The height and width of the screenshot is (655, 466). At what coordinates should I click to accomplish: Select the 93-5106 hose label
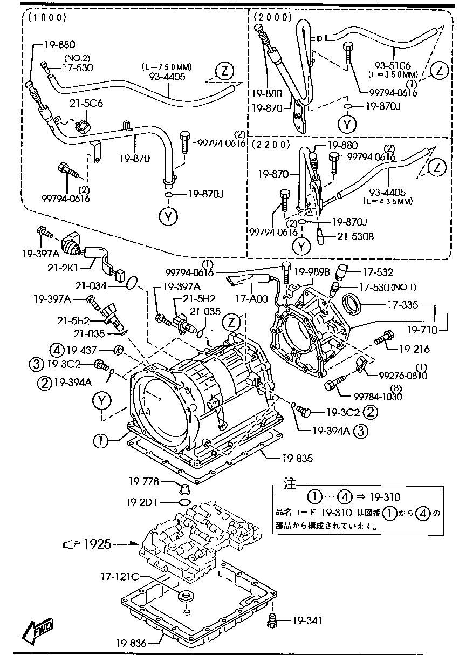click(x=395, y=66)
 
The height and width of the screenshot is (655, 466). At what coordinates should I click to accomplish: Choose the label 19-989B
click(x=312, y=272)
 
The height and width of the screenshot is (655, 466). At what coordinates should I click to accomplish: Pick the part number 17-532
click(x=378, y=272)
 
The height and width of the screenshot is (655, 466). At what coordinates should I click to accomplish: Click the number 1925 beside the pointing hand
click(x=97, y=544)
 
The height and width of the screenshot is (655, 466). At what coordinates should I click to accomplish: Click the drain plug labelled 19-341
click(x=272, y=622)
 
